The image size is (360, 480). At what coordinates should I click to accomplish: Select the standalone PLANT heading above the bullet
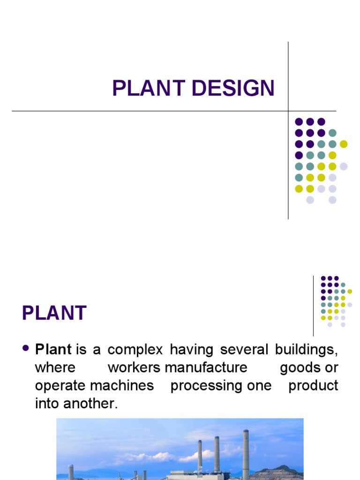[54, 313]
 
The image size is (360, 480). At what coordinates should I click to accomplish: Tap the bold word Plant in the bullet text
[53, 350]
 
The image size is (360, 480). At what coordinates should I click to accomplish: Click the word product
[313, 385]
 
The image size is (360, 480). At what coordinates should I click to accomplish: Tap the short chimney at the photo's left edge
[71, 472]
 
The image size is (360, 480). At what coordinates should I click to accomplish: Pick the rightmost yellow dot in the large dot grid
[344, 144]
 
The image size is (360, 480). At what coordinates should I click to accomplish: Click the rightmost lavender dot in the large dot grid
[344, 166]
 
